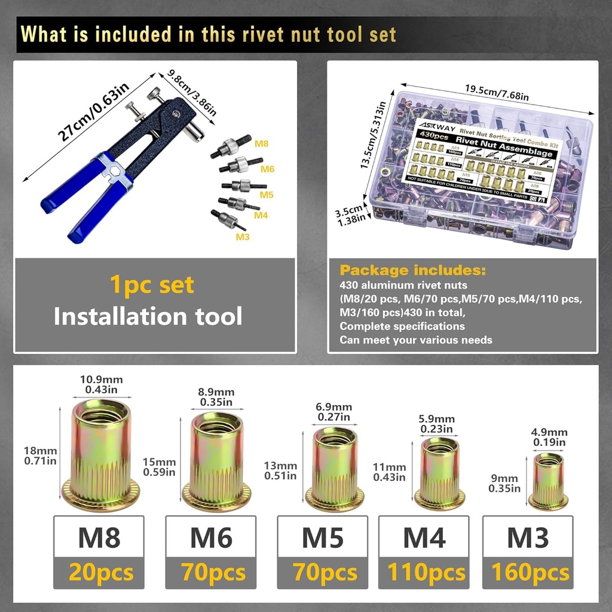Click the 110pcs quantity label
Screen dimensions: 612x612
426,573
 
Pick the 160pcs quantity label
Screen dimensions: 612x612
530,573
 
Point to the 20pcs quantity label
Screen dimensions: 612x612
100,573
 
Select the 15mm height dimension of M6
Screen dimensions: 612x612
159,467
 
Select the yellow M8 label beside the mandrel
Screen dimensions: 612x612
261,144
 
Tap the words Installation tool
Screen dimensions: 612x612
148,316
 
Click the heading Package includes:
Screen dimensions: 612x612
413,270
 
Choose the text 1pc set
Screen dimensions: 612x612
152,284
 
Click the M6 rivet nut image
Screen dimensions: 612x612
216,461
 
